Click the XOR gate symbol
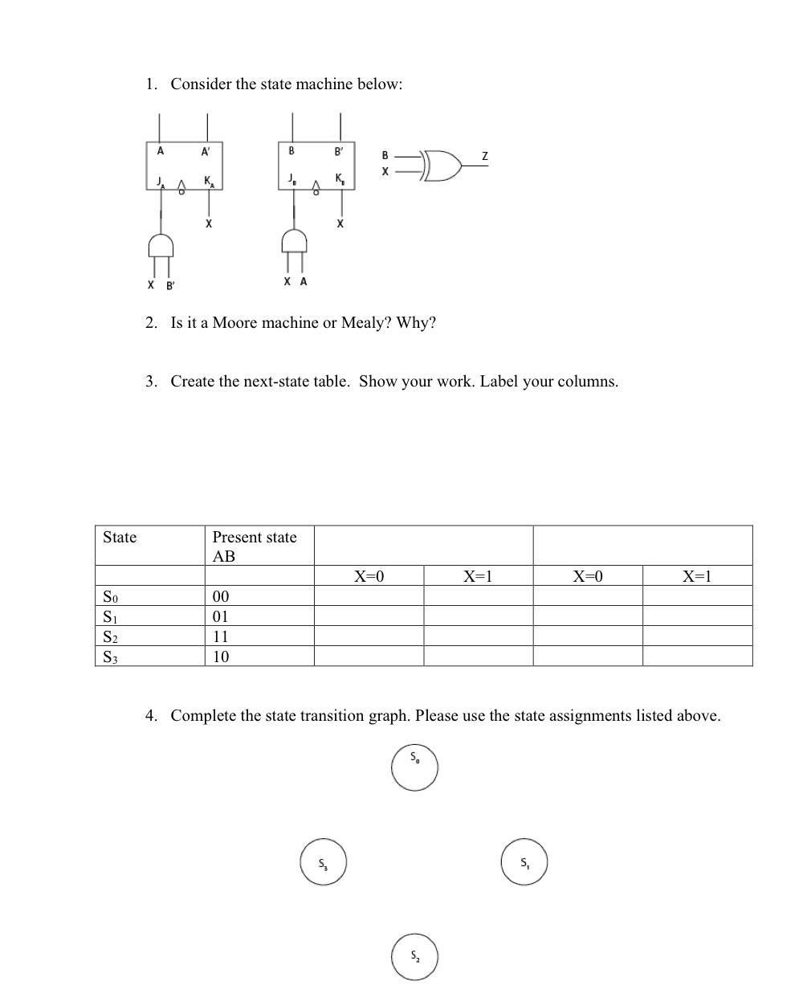click(x=442, y=165)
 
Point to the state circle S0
click(x=415, y=767)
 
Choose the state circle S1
click(x=524, y=862)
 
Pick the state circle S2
click(x=415, y=956)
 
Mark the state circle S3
click(x=323, y=862)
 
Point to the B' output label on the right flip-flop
click(x=340, y=151)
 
